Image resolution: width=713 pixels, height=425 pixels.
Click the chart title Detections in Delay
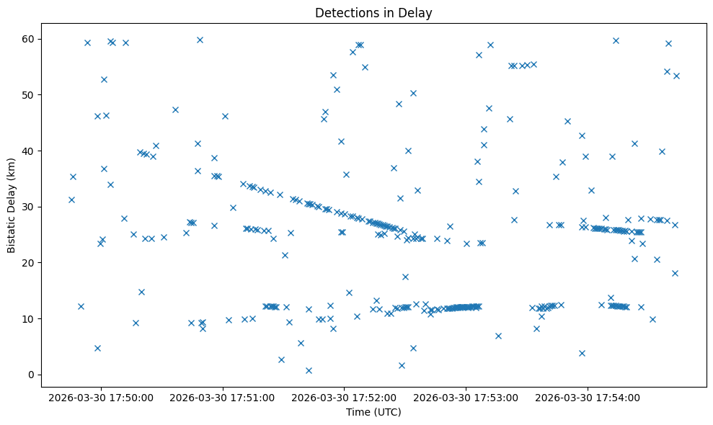pyautogui.click(x=373, y=12)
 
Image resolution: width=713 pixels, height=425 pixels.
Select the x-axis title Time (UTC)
pyautogui.click(x=373, y=412)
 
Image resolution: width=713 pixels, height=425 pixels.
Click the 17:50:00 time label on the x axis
pyautogui.click(x=101, y=397)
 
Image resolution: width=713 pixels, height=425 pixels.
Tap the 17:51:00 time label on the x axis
pyautogui.click(x=223, y=397)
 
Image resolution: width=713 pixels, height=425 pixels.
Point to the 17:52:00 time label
pyautogui.click(x=345, y=397)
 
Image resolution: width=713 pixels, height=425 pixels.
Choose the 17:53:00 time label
pyautogui.click(x=466, y=397)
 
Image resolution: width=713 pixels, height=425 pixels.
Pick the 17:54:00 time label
pyautogui.click(x=588, y=397)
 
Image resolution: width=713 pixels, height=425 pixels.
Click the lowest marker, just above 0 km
pyautogui.click(x=309, y=370)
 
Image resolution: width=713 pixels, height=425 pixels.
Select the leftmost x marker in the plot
pyautogui.click(x=71, y=200)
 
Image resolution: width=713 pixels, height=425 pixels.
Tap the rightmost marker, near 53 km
pyautogui.click(x=676, y=76)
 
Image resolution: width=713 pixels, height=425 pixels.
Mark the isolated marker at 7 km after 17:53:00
pyautogui.click(x=498, y=336)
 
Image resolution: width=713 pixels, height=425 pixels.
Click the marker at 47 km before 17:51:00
pyautogui.click(x=175, y=109)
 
